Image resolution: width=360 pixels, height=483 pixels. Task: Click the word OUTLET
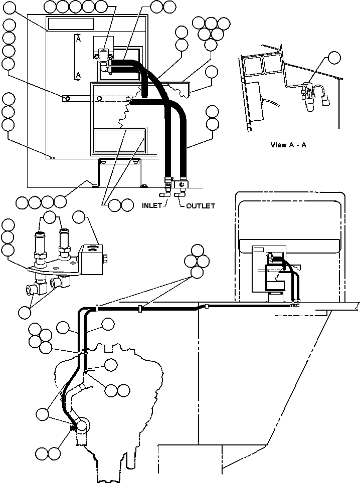tap(201, 206)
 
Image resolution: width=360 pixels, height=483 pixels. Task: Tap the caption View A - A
tap(288, 145)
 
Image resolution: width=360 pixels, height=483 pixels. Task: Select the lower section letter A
tap(78, 75)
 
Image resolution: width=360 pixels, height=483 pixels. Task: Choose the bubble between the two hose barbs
tap(50, 217)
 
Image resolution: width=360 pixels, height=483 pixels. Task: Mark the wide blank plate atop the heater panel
tap(71, 24)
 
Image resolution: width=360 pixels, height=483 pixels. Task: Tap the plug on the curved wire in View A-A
tap(326, 102)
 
